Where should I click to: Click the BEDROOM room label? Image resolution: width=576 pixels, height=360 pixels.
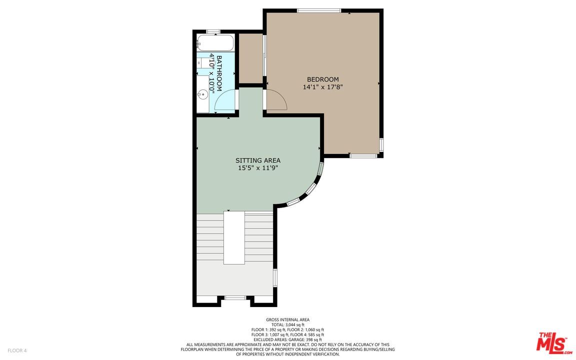pyautogui.click(x=322, y=79)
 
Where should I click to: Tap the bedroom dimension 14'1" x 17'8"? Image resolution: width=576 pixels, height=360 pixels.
pyautogui.click(x=322, y=87)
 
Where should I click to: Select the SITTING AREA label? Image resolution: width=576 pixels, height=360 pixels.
pyautogui.click(x=258, y=160)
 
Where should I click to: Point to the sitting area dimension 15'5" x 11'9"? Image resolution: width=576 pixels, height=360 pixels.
pyautogui.click(x=258, y=168)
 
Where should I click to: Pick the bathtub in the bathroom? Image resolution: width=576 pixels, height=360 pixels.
pyautogui.click(x=215, y=43)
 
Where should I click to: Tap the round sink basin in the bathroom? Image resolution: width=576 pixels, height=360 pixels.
pyautogui.click(x=202, y=93)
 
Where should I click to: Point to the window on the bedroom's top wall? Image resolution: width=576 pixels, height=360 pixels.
pyautogui.click(x=318, y=10)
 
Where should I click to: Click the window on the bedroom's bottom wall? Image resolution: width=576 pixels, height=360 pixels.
pyautogui.click(x=363, y=156)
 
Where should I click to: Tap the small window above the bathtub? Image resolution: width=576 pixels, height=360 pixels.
pyautogui.click(x=213, y=32)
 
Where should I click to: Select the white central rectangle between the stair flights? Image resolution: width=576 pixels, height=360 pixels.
pyautogui.click(x=234, y=237)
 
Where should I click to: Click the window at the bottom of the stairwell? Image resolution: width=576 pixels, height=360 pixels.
pyautogui.click(x=234, y=298)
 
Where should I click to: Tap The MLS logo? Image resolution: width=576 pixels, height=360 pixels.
pyautogui.click(x=553, y=343)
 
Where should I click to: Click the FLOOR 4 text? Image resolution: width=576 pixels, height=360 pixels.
pyautogui.click(x=17, y=350)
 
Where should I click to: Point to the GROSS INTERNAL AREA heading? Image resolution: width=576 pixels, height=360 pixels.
pyautogui.click(x=287, y=320)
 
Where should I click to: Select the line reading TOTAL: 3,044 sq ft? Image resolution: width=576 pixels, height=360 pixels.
pyautogui.click(x=287, y=325)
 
